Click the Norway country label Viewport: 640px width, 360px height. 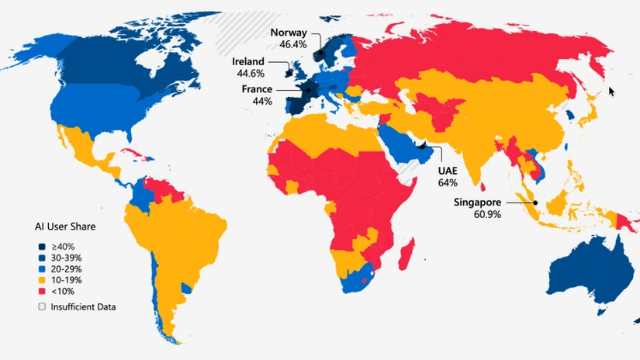tap(289, 33)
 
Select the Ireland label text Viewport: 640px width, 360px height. tap(248, 61)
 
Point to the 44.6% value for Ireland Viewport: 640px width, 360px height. tap(250, 73)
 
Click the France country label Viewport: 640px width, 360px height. tap(256, 89)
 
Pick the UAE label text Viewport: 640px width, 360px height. tap(448, 171)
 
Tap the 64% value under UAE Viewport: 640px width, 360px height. tap(448, 183)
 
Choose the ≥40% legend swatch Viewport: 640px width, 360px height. tap(43, 246)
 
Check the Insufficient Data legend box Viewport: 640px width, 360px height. tap(43, 306)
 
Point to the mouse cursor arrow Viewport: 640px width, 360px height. tap(611, 91)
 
